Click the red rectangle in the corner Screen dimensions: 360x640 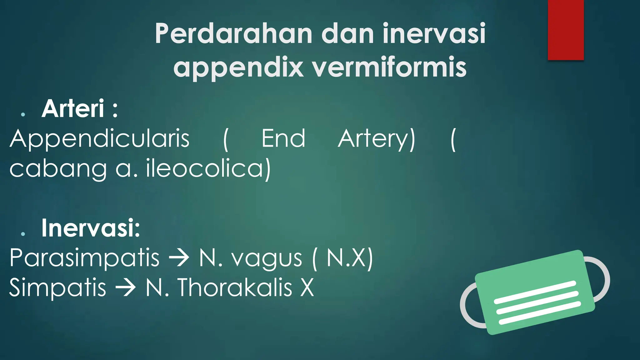tap(566, 30)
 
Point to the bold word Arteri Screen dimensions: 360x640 tap(73, 109)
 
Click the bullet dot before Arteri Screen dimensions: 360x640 tap(23, 115)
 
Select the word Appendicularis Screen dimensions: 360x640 tap(100, 139)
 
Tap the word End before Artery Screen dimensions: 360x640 tap(283, 138)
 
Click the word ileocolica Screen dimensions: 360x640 tap(208, 169)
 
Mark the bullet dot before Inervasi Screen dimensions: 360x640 tap(23, 234)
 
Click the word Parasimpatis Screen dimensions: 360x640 tap(84, 259)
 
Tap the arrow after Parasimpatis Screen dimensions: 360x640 tap(179, 258)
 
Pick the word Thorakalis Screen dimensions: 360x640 tap(235, 287)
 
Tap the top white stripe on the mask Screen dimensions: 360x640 tap(534, 292)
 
